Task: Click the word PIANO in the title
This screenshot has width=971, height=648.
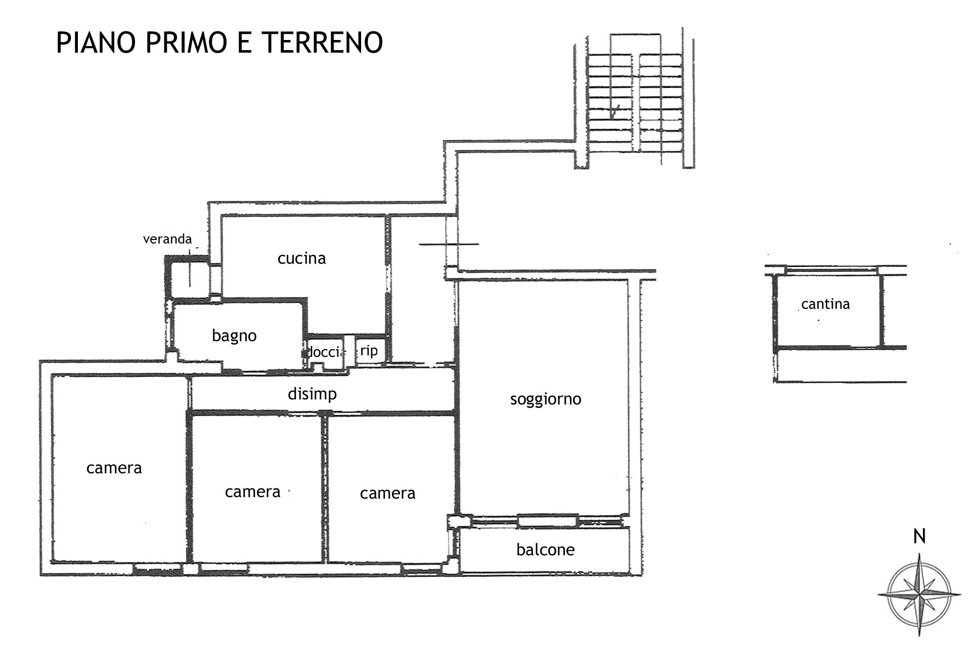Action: (96, 42)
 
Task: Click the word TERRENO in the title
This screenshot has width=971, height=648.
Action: (323, 42)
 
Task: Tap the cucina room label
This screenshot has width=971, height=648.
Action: (301, 258)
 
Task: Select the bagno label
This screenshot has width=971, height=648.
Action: (234, 336)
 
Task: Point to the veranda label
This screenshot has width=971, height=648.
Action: (167, 239)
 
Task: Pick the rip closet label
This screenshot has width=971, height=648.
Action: (369, 350)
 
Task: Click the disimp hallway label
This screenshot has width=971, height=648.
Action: (312, 394)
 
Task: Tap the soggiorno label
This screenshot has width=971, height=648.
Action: (546, 399)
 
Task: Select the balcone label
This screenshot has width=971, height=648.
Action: (545, 550)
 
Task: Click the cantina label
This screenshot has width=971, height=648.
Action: (825, 304)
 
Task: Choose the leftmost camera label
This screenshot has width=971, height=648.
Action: (114, 468)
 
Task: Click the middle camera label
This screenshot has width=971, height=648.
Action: (252, 492)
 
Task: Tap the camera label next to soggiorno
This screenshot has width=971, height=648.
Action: (387, 493)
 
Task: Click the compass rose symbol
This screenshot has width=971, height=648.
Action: (919, 595)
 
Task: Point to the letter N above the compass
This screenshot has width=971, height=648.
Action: (919, 536)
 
